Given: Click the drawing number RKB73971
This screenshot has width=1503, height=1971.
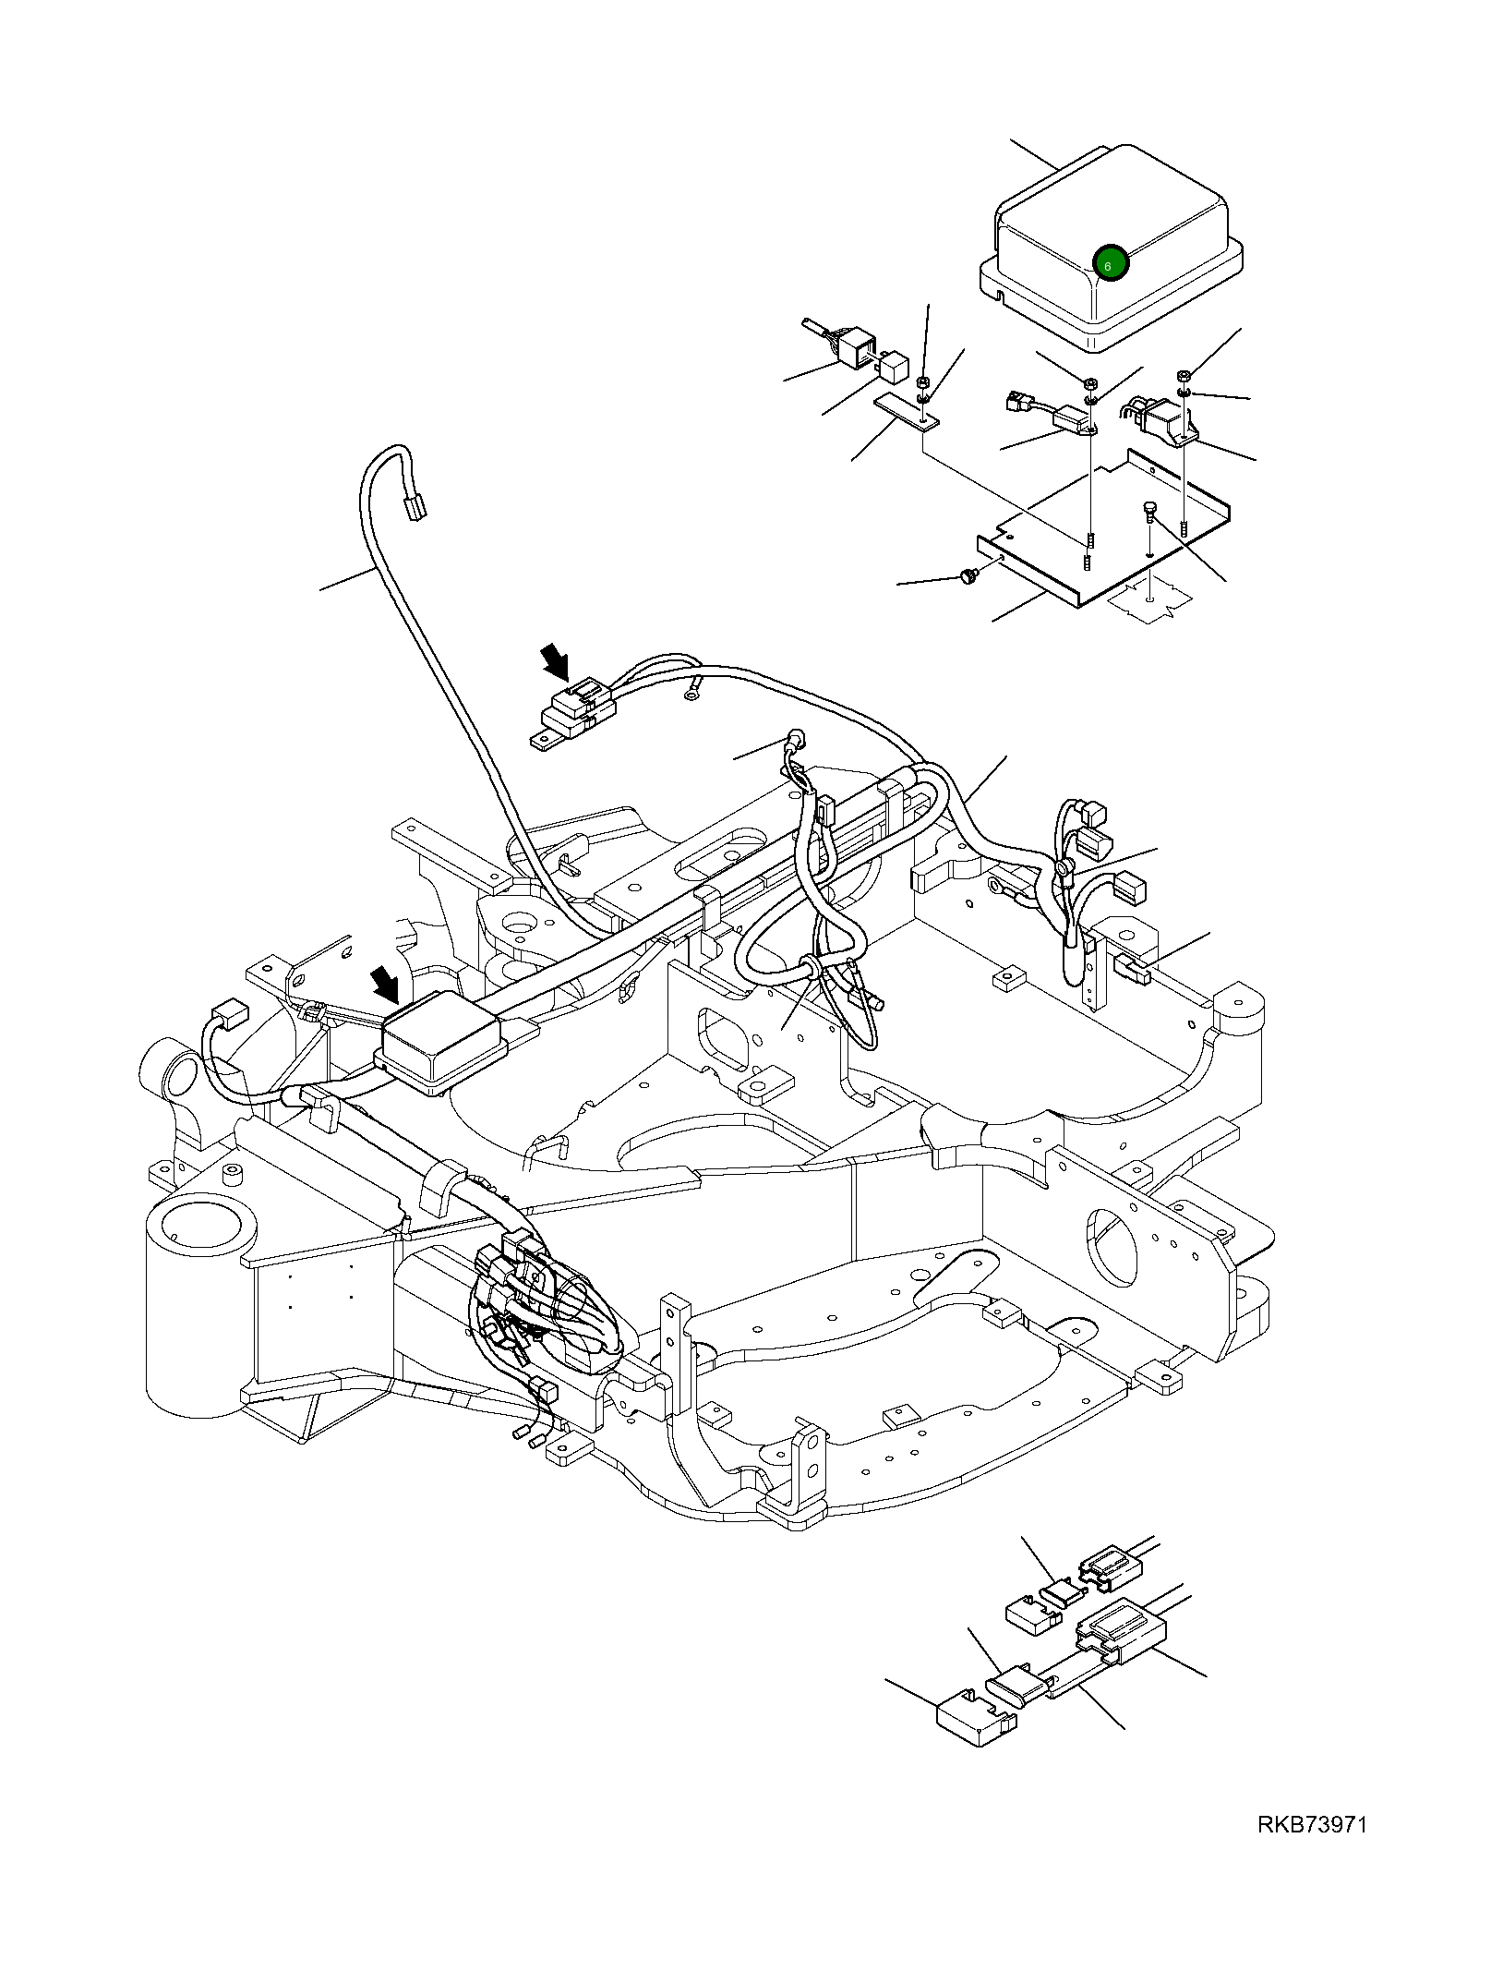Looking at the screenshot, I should [1311, 1823].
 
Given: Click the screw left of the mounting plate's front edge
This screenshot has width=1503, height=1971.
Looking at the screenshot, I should [968, 575].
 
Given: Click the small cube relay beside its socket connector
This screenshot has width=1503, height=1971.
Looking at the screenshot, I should [893, 367].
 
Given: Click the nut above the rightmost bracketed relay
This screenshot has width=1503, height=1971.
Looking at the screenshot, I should [1183, 377].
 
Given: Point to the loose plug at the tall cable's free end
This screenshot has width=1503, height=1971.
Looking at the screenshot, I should [417, 507].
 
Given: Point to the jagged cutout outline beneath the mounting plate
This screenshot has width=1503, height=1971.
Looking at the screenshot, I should [1145, 603].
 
